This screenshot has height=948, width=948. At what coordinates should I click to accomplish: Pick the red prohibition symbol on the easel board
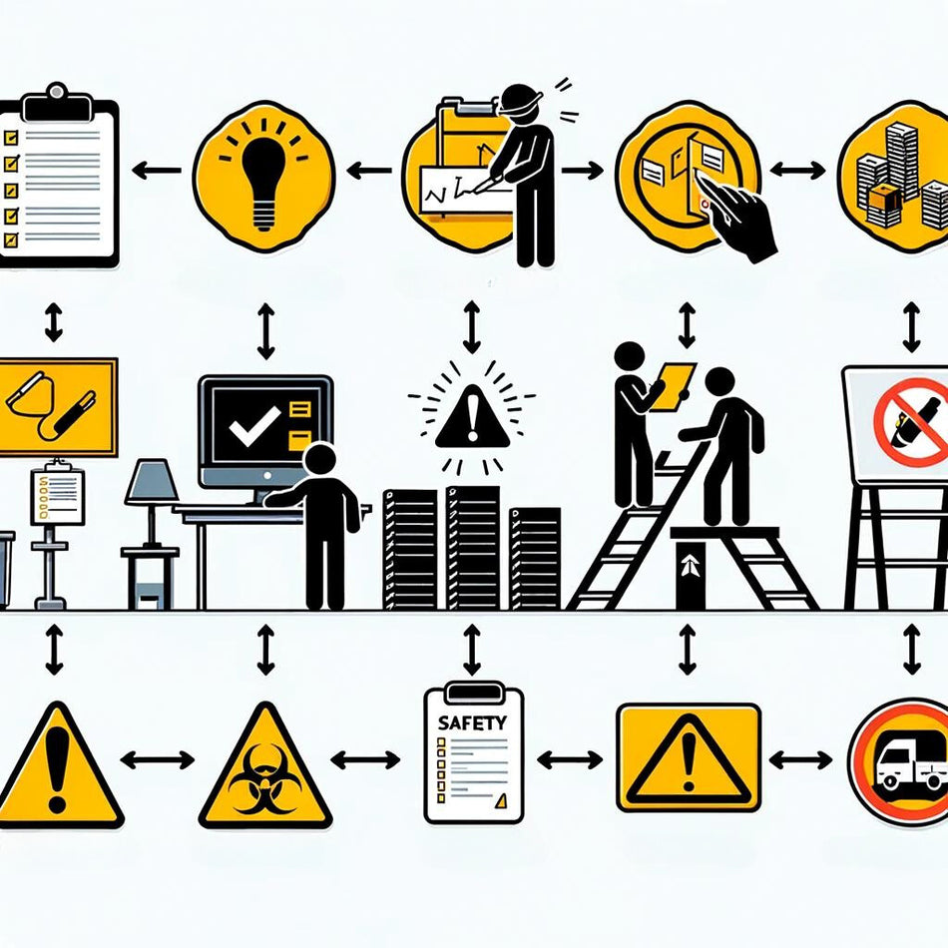[x=909, y=422]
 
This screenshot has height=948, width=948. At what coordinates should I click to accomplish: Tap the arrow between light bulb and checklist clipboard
[x=156, y=171]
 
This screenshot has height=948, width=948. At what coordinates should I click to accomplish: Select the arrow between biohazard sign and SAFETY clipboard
[x=365, y=760]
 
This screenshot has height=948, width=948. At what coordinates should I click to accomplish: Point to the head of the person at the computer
[x=320, y=461]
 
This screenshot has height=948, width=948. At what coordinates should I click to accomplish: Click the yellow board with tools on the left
[x=55, y=405]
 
